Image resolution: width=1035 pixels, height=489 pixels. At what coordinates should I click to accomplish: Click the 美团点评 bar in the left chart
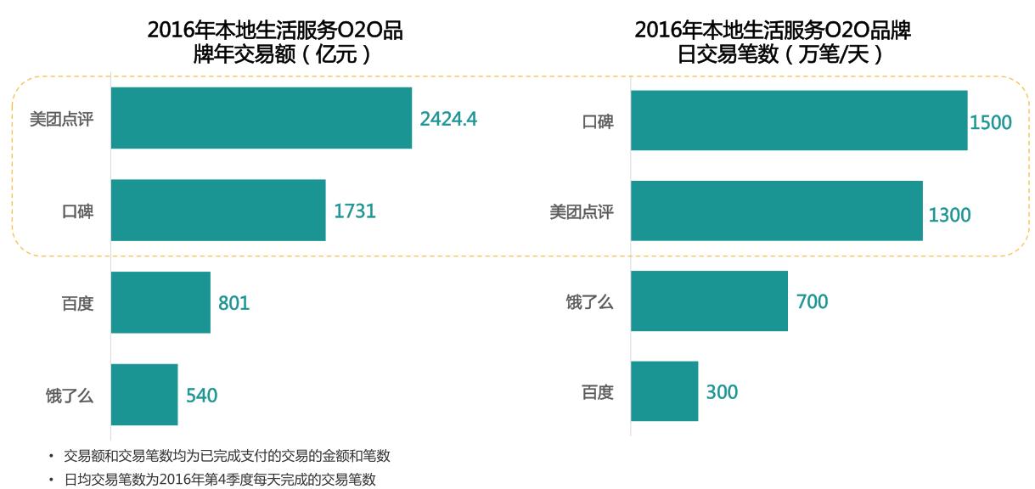(262, 118)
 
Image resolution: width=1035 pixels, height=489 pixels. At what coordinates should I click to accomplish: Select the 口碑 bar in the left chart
(218, 211)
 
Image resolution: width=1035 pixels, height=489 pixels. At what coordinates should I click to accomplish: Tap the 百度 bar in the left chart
(160, 302)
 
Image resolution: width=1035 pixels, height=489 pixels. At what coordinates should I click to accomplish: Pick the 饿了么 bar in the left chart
(144, 395)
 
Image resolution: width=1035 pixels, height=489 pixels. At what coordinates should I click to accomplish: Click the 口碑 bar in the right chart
(799, 121)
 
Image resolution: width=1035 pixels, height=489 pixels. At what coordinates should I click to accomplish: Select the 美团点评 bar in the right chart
(776, 211)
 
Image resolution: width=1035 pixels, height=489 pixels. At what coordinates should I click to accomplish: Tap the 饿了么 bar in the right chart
(709, 301)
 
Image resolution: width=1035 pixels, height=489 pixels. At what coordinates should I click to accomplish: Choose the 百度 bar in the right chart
(664, 391)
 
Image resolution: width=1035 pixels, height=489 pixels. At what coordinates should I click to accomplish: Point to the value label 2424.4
(448, 119)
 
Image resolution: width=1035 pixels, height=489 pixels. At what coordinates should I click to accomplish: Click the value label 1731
(355, 211)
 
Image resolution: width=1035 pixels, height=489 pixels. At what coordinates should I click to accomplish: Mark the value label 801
(233, 303)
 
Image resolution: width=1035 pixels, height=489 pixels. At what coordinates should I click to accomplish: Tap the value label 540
(202, 396)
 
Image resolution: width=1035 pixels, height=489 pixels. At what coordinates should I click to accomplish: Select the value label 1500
(991, 122)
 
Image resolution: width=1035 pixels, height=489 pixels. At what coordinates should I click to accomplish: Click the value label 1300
(949, 216)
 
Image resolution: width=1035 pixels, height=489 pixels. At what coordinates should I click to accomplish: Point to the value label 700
(812, 301)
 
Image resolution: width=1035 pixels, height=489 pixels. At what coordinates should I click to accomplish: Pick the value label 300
(722, 392)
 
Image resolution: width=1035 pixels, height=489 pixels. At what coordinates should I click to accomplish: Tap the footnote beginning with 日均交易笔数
(220, 480)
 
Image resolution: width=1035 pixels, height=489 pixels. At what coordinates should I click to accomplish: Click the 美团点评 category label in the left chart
(61, 119)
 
